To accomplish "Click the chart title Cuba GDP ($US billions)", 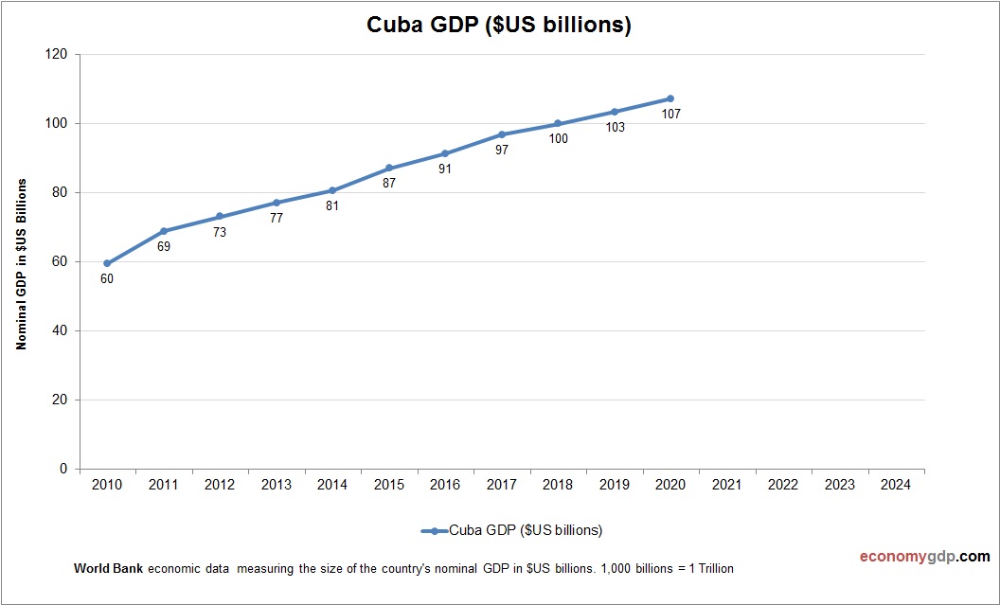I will pyautogui.click(x=499, y=26).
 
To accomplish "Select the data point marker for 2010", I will pyautogui.click(x=107, y=263).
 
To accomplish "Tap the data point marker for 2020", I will pyautogui.click(x=670, y=98).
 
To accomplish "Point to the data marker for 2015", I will pyautogui.click(x=389, y=168).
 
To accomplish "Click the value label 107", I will pyautogui.click(x=671, y=115).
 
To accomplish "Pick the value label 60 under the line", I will pyautogui.click(x=107, y=279).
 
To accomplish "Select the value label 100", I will pyautogui.click(x=559, y=139).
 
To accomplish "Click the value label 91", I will pyautogui.click(x=445, y=169).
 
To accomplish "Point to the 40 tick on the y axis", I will pyautogui.click(x=59, y=331).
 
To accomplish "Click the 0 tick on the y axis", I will pyautogui.click(x=62, y=470).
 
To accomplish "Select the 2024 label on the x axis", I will pyautogui.click(x=896, y=485).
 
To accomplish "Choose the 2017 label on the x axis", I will pyautogui.click(x=501, y=485).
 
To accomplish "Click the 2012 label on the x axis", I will pyautogui.click(x=220, y=485).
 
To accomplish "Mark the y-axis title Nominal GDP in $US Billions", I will pyautogui.click(x=21, y=263).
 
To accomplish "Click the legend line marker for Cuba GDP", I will pyautogui.click(x=434, y=530).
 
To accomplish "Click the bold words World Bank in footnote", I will pyautogui.click(x=108, y=569).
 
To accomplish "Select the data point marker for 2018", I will pyautogui.click(x=558, y=123).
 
